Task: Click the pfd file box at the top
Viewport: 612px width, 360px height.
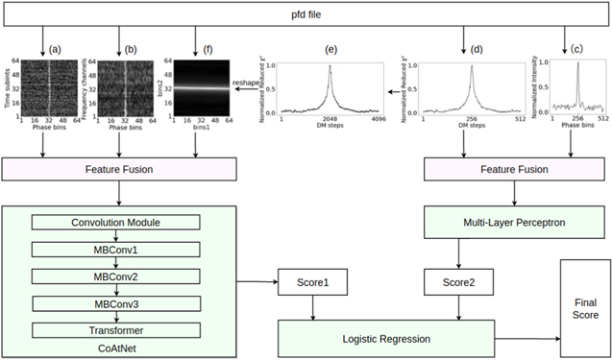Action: point(305,15)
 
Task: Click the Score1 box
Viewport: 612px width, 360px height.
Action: point(313,284)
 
